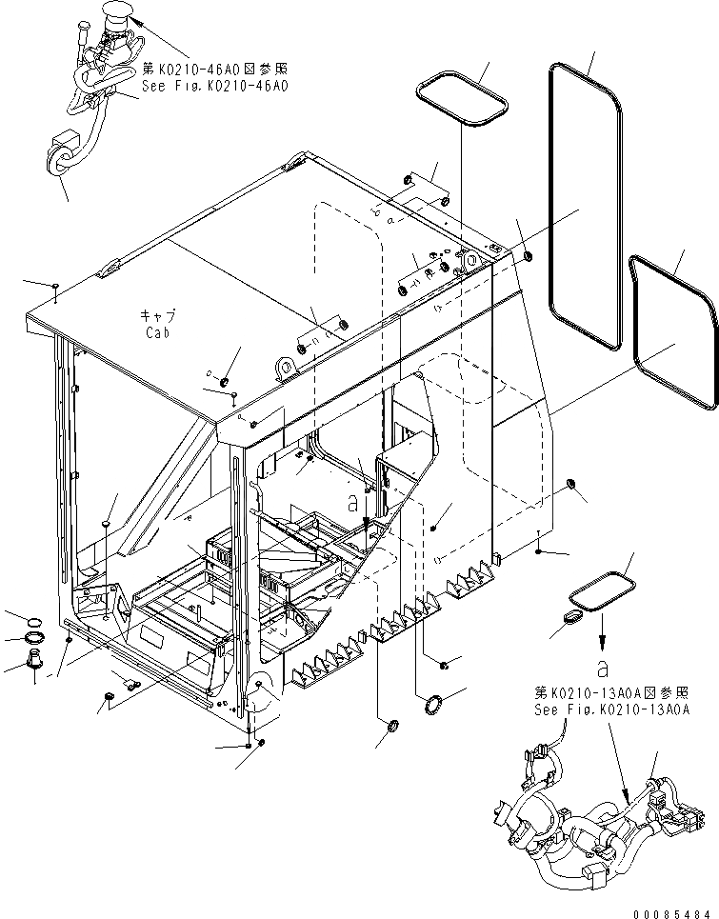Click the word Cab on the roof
157,334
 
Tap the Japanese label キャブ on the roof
158,317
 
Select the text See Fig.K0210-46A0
213,85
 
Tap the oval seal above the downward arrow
601,591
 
